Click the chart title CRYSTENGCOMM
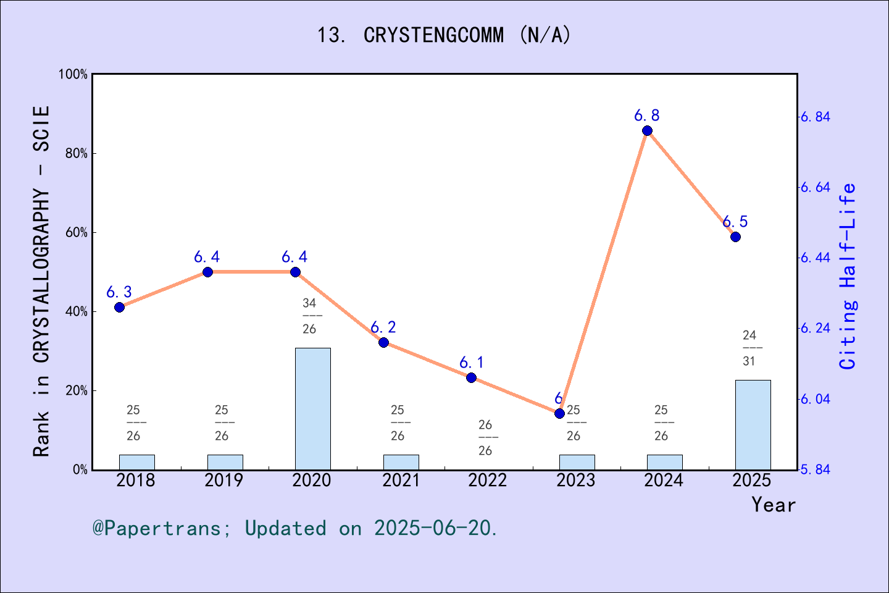point(444,35)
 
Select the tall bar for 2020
point(312,409)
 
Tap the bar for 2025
point(753,425)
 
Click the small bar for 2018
point(136,462)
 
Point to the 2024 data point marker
point(647,131)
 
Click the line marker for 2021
point(383,343)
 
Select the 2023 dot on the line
point(559,413)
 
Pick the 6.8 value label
point(647,116)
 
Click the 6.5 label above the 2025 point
point(735,222)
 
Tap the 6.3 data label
point(119,292)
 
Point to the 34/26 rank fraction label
point(309,316)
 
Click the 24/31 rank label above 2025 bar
point(749,348)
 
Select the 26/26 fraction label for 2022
point(485,438)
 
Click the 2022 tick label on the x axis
point(488,481)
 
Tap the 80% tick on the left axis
point(77,154)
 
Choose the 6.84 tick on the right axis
point(815,117)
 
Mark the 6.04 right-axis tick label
point(815,399)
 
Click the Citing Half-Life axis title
point(848,276)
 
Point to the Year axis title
point(773,505)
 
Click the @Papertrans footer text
point(295,528)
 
